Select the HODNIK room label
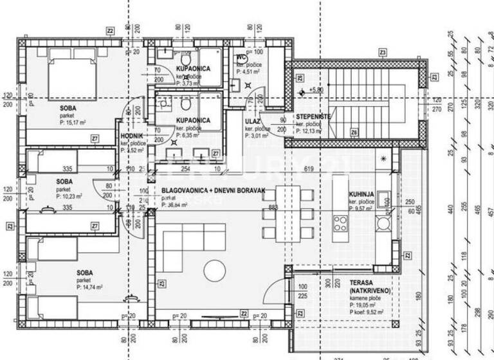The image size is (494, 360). coord(132,136)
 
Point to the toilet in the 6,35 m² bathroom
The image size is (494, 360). coord(185,104)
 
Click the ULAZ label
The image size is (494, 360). coord(252,120)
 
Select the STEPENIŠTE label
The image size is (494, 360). coord(313,116)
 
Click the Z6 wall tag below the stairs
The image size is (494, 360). coord(354,132)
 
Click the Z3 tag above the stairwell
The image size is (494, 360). coord(383,51)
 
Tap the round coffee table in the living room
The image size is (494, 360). coord(212,269)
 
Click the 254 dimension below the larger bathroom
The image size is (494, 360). coord(185,169)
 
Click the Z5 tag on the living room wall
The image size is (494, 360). coord(161,283)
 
